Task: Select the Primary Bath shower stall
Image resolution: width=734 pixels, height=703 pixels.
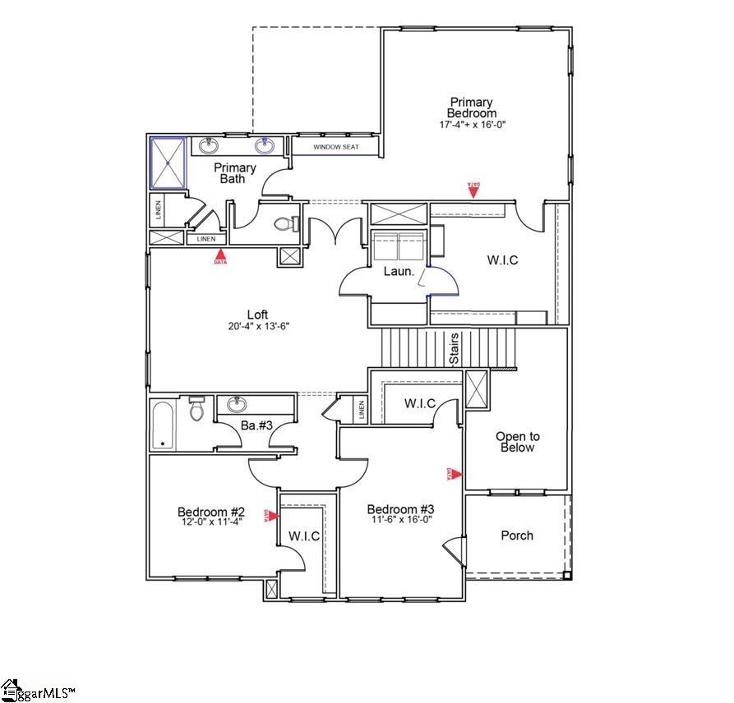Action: pos(168,163)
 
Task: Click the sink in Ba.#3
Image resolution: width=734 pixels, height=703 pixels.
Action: pos(238,404)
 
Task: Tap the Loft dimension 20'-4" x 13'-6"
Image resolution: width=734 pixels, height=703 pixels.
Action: pos(259,326)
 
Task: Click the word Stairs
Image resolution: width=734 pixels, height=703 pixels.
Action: pos(453,349)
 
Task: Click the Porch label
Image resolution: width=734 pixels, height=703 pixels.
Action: pos(517,535)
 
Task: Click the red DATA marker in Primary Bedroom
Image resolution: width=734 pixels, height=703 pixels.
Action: pos(473,190)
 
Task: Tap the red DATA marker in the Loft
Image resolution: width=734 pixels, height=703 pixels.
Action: pos(220,257)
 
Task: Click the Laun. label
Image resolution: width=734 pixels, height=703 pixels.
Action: pos(399,271)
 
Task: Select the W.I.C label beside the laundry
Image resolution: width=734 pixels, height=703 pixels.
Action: pos(502,260)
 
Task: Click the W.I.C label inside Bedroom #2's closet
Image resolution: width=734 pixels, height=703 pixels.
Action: pos(303,536)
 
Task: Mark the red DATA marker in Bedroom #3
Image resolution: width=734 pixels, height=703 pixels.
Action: pos(454,474)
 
